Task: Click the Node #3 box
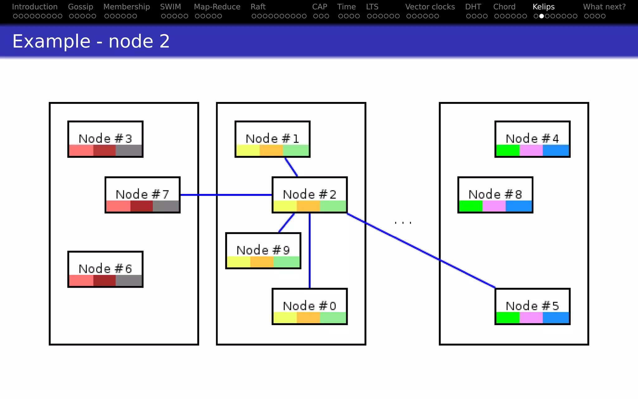105,139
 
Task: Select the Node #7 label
142,194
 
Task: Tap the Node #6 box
105,269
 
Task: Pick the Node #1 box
272,139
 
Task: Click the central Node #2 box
309,195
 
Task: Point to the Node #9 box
263,251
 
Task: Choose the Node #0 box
309,306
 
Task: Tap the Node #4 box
532,139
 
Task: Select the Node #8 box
495,195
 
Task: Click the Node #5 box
532,306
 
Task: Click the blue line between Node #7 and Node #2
226,195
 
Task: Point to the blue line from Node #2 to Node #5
421,250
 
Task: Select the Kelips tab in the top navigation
544,7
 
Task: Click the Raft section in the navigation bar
258,7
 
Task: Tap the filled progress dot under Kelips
541,16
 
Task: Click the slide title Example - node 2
91,41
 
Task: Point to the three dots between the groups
403,223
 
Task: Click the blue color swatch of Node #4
556,150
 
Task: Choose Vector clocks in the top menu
430,7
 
